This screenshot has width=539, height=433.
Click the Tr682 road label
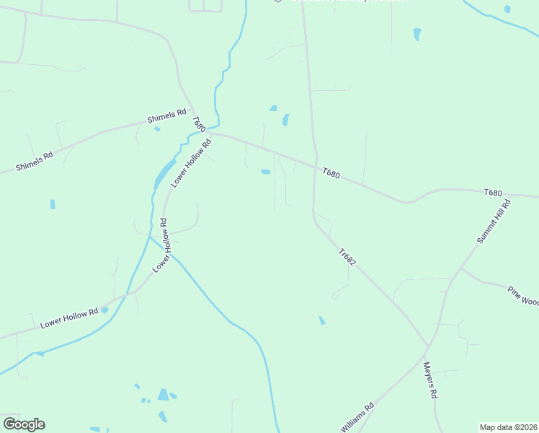pyautogui.click(x=347, y=258)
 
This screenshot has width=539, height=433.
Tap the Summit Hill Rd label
pyautogui.click(x=494, y=222)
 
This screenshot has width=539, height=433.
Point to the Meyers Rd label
pyautogui.click(x=430, y=380)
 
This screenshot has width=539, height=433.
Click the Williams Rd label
pyautogui.click(x=357, y=417)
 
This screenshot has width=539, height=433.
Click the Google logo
pyautogui.click(x=24, y=424)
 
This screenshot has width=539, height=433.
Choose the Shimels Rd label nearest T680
pyautogui.click(x=166, y=115)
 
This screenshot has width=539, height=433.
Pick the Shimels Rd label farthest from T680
pyautogui.click(x=35, y=161)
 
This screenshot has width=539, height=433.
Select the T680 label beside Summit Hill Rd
pyautogui.click(x=493, y=193)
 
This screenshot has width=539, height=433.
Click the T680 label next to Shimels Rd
pyautogui.click(x=199, y=124)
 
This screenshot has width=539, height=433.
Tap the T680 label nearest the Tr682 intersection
pyautogui.click(x=331, y=173)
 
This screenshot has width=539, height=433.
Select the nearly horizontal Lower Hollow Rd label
pyautogui.click(x=69, y=318)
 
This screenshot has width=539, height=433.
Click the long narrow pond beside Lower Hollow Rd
pyautogui.click(x=164, y=173)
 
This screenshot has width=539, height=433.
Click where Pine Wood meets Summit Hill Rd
pyautogui.click(x=460, y=268)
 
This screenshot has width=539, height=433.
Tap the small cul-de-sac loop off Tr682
pyautogui.click(x=335, y=296)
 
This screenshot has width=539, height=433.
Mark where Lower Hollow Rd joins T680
pyautogui.click(x=211, y=134)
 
